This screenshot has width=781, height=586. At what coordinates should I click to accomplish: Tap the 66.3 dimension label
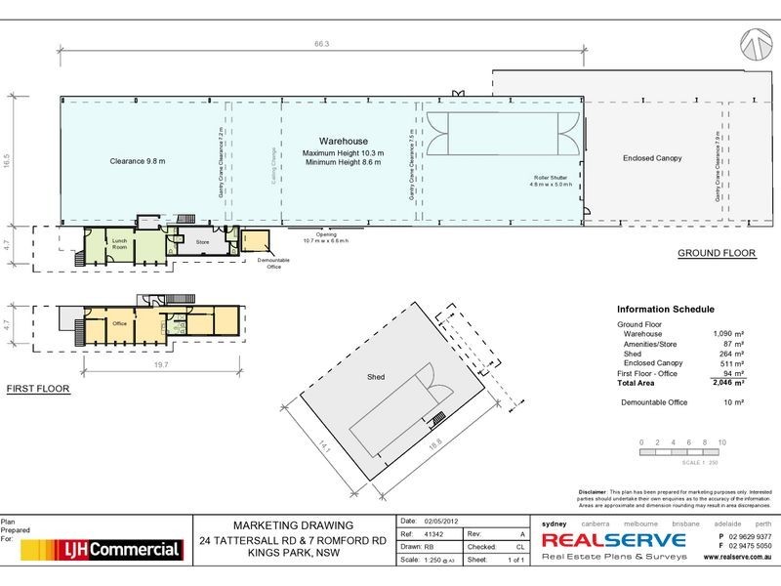tap(320, 43)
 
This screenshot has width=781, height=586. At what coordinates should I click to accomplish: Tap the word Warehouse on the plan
tap(344, 141)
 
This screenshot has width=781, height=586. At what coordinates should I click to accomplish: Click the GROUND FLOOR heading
tap(718, 253)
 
